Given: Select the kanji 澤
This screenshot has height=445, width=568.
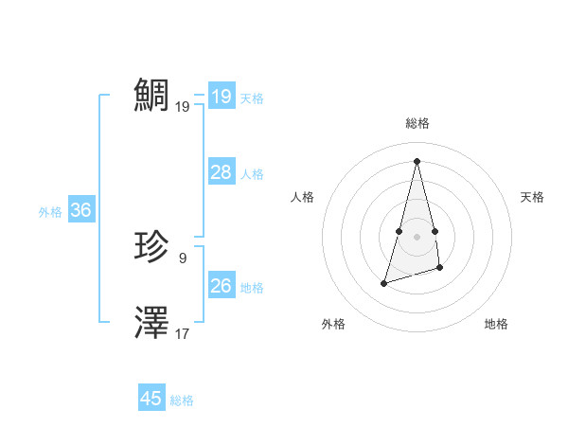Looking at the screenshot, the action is [152, 323].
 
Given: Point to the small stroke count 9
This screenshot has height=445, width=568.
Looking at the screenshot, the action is [183, 258].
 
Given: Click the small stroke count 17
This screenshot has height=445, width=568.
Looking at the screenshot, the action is [183, 333].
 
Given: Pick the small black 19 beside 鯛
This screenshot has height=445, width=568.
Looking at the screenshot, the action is [183, 106].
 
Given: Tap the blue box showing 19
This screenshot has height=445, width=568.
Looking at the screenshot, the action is [222, 97].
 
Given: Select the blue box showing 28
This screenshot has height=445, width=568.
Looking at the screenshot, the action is [222, 172].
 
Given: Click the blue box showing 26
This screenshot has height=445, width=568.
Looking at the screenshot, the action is [222, 286].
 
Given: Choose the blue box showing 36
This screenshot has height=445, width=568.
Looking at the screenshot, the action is [80, 210].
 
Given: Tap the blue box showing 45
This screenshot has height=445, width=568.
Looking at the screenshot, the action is [151, 399].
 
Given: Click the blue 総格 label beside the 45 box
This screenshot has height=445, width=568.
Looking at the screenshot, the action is [182, 400].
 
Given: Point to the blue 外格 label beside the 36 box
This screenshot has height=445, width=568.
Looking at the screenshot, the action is [50, 212].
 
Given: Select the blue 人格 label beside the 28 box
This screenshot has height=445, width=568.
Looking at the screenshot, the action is [253, 174].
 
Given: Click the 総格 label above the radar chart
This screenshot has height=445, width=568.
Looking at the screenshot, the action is [417, 123].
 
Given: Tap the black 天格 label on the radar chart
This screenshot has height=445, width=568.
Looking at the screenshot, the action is [532, 197].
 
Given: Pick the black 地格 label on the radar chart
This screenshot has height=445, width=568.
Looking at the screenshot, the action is [496, 324].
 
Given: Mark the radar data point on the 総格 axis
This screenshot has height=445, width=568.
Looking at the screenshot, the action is [417, 160].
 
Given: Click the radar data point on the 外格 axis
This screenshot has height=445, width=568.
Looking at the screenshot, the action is [384, 282].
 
